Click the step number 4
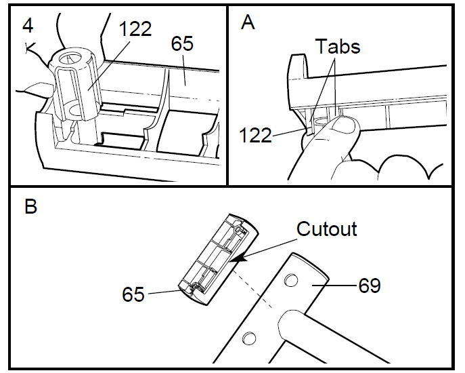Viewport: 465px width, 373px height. (x=28, y=26)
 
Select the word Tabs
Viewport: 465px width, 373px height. (x=338, y=47)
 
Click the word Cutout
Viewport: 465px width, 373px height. (x=327, y=229)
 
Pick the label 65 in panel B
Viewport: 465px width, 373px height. (x=133, y=294)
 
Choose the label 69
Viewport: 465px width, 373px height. (x=370, y=285)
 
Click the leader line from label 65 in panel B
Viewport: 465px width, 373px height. (x=162, y=292)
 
